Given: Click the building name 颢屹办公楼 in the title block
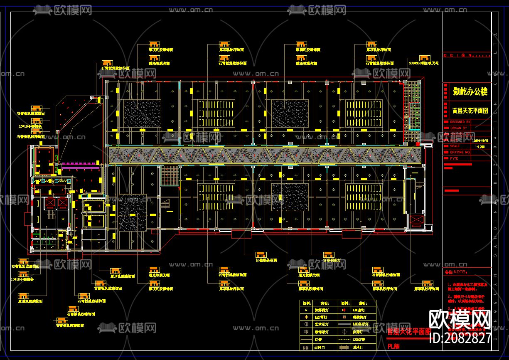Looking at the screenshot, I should tap(470, 92).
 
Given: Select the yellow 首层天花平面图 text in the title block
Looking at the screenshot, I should tap(470, 111).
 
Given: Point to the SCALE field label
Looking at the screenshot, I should tap(455, 146).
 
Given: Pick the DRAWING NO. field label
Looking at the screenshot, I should tap(460, 153).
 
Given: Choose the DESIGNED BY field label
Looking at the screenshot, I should tap(461, 122).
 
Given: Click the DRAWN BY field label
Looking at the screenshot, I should tap(459, 128).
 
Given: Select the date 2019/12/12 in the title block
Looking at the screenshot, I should tap(481, 141).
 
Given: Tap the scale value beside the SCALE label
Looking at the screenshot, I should tap(481, 146).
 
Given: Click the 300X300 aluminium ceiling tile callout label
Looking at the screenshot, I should tap(423, 64).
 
